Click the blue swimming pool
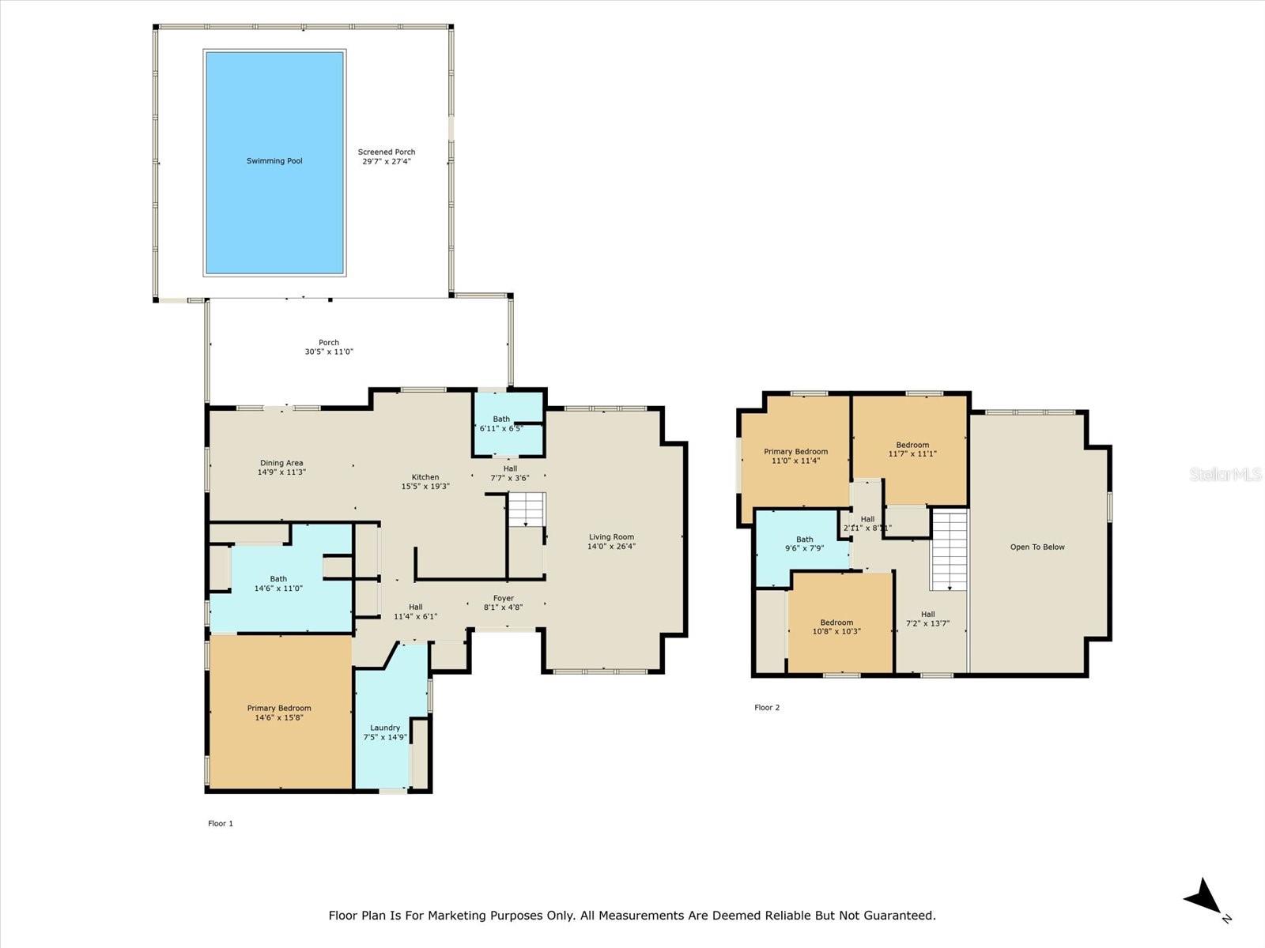pos(275,163)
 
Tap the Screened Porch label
pos(387,152)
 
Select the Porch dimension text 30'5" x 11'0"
pos(329,352)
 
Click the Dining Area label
pos(281,463)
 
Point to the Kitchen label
pos(425,477)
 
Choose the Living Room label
pos(611,537)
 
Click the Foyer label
pos(504,598)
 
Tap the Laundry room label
pos(385,728)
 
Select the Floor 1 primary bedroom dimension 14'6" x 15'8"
pos(279,717)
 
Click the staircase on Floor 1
pos(527,510)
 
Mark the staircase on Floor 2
pos(950,550)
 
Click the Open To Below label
pos(1037,547)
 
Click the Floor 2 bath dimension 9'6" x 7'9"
pos(805,548)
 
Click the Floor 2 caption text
pos(767,707)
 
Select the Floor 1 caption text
pos(221,823)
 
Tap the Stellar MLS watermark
pos(1225,474)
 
